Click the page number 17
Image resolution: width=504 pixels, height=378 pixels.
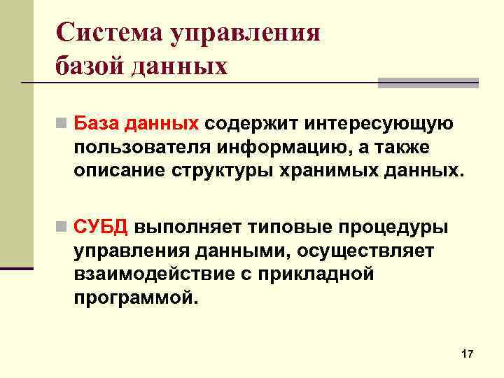(x=468, y=355)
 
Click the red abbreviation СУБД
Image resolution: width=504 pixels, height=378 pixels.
(x=101, y=227)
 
